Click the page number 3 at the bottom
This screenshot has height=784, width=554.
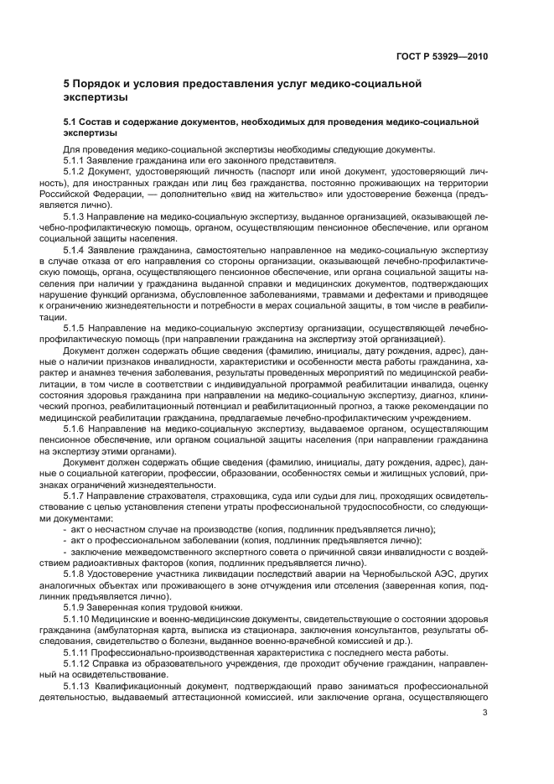(484, 714)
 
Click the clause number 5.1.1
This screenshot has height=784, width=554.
(75, 158)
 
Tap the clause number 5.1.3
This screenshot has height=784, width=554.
(75, 215)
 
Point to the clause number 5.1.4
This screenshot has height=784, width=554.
(75, 249)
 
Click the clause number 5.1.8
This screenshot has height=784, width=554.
(75, 573)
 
